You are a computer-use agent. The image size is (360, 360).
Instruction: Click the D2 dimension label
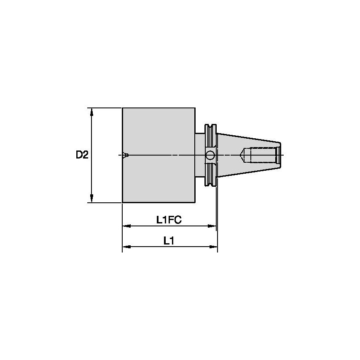tap(82, 155)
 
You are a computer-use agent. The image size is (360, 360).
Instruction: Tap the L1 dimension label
tap(169, 240)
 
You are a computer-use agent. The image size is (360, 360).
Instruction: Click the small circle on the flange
tap(210, 156)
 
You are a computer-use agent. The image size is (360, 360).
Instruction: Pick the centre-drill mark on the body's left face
tap(125, 155)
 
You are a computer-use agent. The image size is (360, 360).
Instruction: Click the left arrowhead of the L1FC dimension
tap(125, 226)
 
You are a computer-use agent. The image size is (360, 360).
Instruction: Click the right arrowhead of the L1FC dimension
tap(213, 226)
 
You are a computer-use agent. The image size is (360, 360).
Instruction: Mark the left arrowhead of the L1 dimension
tap(125, 247)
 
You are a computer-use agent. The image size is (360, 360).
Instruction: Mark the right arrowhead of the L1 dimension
tap(215, 247)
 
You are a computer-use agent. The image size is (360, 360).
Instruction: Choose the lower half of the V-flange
tap(210, 175)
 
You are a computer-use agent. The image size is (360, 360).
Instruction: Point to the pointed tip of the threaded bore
tap(242, 155)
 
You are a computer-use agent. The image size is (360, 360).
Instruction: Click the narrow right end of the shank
tap(279, 155)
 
